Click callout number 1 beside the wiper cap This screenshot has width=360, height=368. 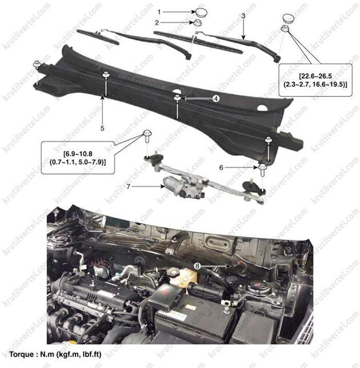tap(159, 12)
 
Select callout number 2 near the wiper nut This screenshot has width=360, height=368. tap(157, 22)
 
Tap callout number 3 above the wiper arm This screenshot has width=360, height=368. tap(243, 16)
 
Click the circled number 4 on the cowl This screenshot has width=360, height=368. tap(216, 98)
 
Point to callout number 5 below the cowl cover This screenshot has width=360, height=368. tap(102, 129)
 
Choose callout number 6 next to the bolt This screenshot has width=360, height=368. tap(221, 167)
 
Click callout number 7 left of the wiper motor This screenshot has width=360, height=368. tap(128, 187)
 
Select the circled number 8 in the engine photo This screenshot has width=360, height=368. tap(197, 266)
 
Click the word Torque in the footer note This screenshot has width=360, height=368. tap(22, 354)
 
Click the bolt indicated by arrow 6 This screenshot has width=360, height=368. tap(262, 170)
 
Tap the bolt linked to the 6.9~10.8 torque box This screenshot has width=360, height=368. tap(147, 135)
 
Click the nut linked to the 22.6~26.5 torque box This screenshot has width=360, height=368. tap(285, 29)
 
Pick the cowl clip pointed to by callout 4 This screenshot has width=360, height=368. tap(177, 98)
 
